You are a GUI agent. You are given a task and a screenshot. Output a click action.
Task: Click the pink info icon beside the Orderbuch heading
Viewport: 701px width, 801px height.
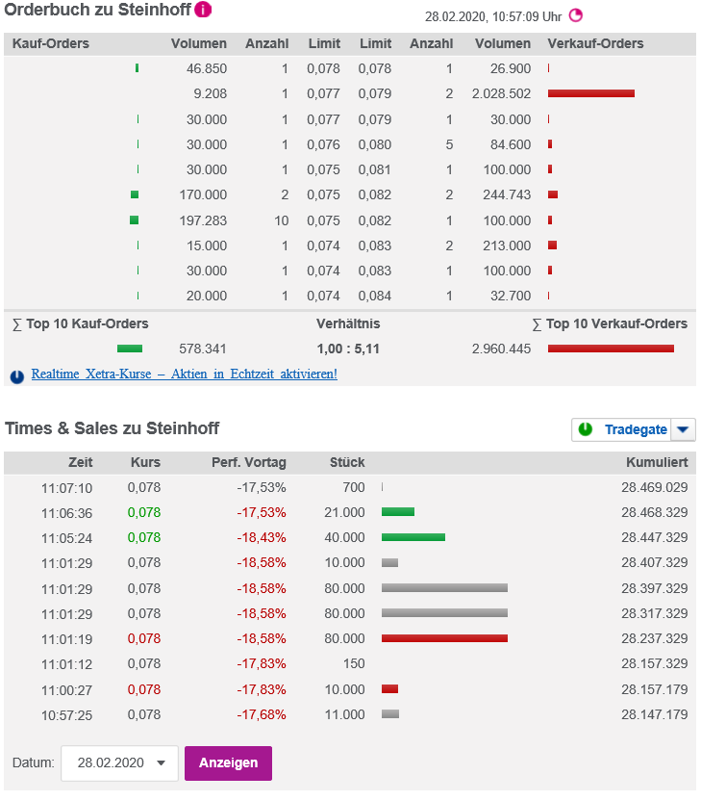(x=203, y=11)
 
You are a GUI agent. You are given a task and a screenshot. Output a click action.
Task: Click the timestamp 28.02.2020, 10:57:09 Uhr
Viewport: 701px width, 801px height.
(x=492, y=16)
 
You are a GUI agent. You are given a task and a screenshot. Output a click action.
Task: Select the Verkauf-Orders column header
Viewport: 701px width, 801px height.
(x=595, y=43)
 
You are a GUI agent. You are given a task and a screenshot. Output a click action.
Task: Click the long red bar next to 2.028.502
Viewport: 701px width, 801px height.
(x=590, y=93)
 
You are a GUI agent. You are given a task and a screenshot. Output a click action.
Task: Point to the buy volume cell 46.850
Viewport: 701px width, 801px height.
(x=203, y=69)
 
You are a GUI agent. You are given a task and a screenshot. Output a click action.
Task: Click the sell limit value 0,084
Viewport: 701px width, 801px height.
(x=374, y=296)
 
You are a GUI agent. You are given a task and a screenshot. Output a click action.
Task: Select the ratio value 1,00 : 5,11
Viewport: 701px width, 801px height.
(x=349, y=349)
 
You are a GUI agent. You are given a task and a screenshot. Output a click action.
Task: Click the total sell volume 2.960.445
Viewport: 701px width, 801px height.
(x=501, y=349)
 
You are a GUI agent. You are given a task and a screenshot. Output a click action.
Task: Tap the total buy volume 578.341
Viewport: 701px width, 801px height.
(x=203, y=349)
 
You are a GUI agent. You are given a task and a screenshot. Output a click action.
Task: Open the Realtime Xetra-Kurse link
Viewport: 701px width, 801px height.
(x=184, y=374)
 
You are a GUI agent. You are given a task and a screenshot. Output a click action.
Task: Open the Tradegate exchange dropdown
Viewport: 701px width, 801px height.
(x=682, y=429)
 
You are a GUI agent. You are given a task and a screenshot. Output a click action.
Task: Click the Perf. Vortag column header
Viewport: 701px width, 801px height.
(x=248, y=462)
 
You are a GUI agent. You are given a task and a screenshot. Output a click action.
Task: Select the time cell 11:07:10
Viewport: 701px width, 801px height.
(x=66, y=487)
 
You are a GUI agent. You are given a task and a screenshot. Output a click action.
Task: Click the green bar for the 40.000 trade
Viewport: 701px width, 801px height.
(x=413, y=537)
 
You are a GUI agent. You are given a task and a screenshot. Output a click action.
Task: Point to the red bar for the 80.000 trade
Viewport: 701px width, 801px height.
(x=443, y=638)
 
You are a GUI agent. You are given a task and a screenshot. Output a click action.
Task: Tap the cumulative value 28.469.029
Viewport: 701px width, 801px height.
(x=654, y=487)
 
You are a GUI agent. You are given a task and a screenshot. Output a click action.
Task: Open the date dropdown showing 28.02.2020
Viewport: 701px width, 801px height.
(x=119, y=762)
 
